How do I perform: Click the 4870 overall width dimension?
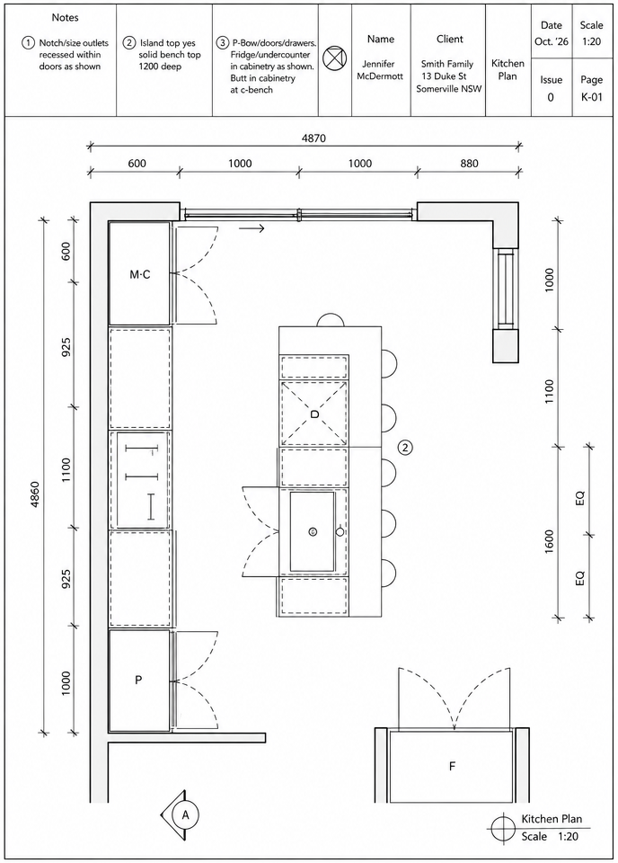coord(313,138)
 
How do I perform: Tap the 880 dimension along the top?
coord(469,164)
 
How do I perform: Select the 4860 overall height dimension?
coord(34,494)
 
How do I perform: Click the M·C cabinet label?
coord(139,274)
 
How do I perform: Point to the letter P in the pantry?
coord(138,680)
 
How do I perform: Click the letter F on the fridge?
coord(452,766)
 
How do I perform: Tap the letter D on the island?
coord(314,414)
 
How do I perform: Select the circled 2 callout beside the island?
coord(405,448)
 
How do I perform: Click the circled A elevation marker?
coord(185,814)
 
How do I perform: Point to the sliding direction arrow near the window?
coord(252,227)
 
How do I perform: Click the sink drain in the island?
coord(313,531)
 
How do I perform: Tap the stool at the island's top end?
coord(331,320)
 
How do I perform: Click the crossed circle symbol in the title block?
coord(334,58)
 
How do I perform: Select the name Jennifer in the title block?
coord(378,64)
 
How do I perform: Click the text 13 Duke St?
coord(444,76)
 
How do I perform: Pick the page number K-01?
coord(592,97)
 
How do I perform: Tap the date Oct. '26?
coord(552,42)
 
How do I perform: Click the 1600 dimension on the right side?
coord(549,541)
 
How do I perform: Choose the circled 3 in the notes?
coord(223,43)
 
